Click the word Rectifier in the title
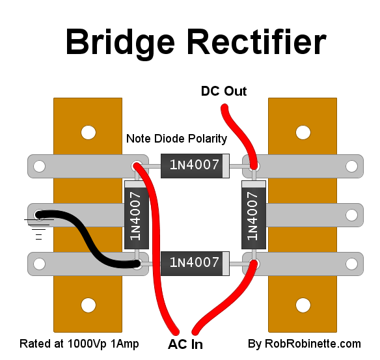[x=257, y=42]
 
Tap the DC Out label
[x=224, y=91]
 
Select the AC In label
[x=185, y=344]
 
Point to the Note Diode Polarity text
[x=177, y=139]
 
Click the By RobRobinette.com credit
[x=304, y=344]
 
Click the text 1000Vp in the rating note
[x=87, y=344]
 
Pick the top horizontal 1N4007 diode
[x=195, y=166]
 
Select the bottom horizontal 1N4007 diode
[x=195, y=264]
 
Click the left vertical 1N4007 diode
[x=137, y=215]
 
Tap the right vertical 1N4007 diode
[x=254, y=215]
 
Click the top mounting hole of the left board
[x=88, y=133]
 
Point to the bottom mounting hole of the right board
[x=303, y=305]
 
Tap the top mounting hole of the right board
[x=303, y=133]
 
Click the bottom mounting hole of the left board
[x=88, y=305]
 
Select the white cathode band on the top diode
[x=226, y=166]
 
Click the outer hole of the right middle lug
[x=351, y=215]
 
